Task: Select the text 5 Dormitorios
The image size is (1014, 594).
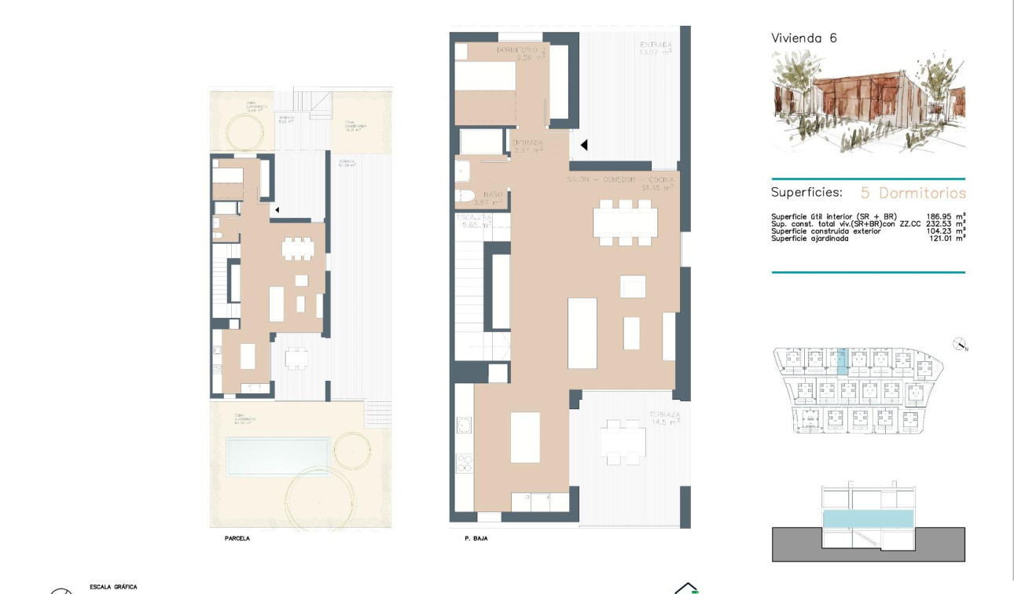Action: (913, 193)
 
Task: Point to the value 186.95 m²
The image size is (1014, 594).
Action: (946, 216)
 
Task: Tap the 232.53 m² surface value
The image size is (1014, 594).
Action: (946, 223)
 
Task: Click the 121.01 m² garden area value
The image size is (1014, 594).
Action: (946, 238)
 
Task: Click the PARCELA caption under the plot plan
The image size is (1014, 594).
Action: (237, 540)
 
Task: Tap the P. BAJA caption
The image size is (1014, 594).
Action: (467, 540)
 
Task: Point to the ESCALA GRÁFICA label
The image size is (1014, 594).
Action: (114, 587)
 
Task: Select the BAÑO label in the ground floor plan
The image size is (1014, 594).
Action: (493, 198)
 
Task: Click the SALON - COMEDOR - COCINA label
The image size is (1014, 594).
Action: (620, 183)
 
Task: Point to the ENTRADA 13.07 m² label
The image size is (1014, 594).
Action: (655, 48)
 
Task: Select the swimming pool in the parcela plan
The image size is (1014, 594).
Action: (277, 456)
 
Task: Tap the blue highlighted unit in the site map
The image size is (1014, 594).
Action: (842, 362)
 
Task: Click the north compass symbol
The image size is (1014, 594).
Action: (959, 345)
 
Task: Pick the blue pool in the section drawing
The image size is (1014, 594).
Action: (868, 518)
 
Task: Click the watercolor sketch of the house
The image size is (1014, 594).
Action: (868, 102)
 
